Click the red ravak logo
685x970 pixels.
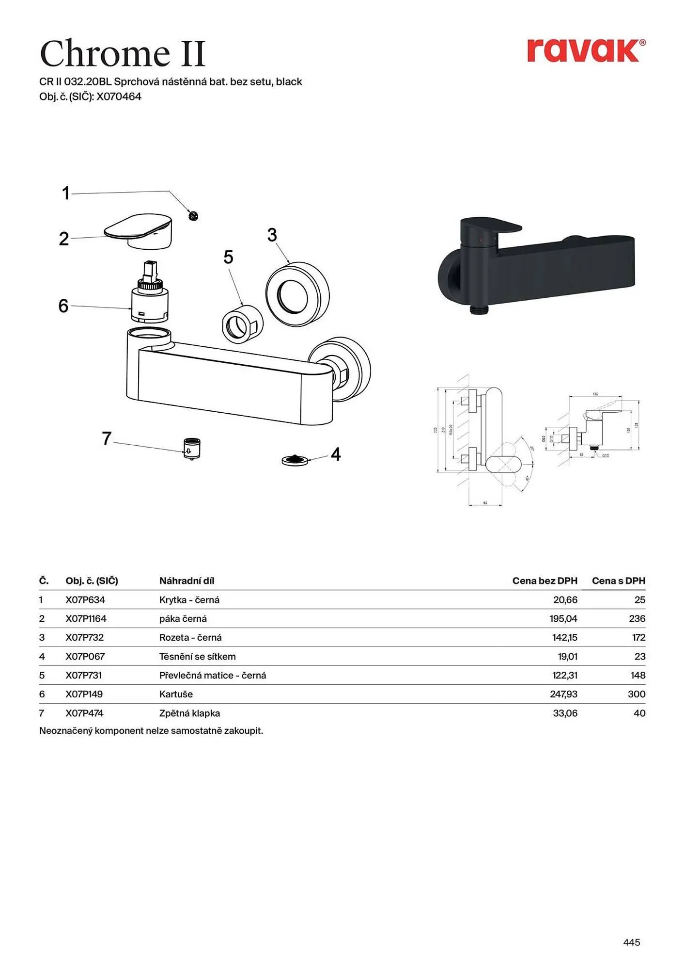[585, 51]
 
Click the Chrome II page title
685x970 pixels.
[123, 53]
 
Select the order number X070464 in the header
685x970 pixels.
[119, 97]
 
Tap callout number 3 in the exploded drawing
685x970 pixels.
[272, 235]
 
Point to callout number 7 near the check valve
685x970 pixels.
[107, 438]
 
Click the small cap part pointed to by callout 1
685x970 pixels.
[193, 216]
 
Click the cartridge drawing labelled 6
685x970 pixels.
[150, 296]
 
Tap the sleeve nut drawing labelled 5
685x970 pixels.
[242, 324]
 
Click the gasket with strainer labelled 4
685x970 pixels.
[295, 460]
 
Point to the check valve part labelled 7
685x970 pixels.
[192, 448]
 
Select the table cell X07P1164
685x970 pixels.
[86, 618]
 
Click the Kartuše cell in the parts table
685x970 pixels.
[176, 694]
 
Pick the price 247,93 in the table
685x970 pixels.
[563, 694]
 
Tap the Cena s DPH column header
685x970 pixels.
[618, 581]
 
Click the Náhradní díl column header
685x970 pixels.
[187, 581]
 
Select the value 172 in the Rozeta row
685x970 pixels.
[638, 637]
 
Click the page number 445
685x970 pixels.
[631, 942]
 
